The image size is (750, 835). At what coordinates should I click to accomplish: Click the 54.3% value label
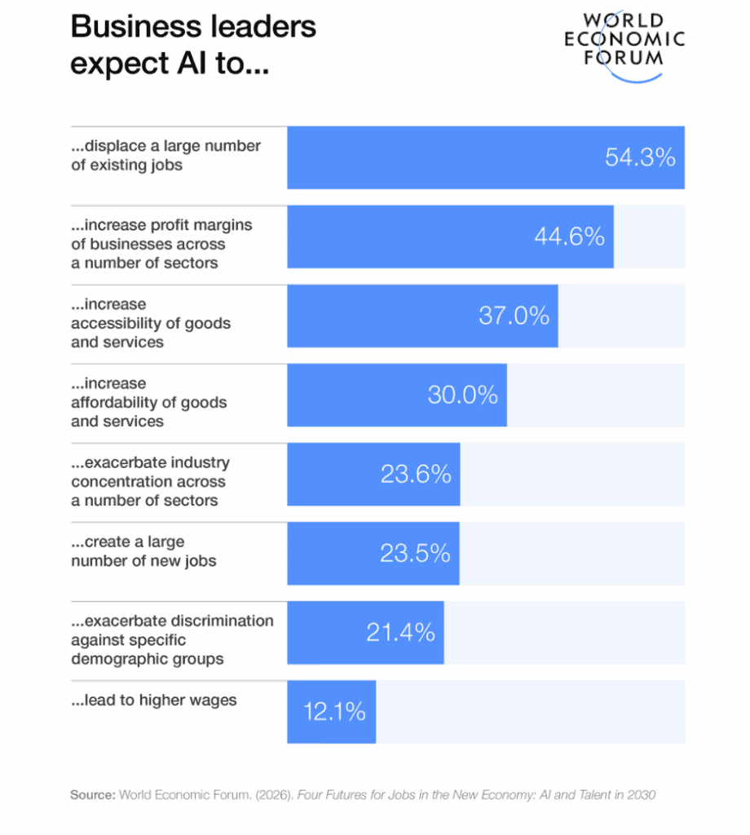[640, 157]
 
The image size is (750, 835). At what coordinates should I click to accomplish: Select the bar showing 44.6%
[450, 236]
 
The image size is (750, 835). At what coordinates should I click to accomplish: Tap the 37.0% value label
[514, 316]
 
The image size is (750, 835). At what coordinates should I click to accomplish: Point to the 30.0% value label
[462, 395]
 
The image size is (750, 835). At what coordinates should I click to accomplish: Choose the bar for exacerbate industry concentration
[373, 474]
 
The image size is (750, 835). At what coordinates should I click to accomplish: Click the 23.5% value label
[415, 553]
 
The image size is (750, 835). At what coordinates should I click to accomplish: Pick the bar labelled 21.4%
[365, 632]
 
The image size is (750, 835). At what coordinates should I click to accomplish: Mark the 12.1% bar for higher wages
[331, 711]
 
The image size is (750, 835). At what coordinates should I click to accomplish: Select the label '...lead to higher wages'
[154, 700]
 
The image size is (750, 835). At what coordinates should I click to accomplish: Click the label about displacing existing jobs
[165, 155]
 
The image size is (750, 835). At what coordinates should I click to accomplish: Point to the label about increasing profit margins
[161, 244]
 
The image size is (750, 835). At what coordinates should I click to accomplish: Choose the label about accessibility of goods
[151, 323]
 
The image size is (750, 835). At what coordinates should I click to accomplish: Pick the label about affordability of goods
[148, 402]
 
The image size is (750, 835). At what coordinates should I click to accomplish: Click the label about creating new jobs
[143, 551]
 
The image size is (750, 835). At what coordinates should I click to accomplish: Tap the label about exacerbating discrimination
[172, 639]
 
